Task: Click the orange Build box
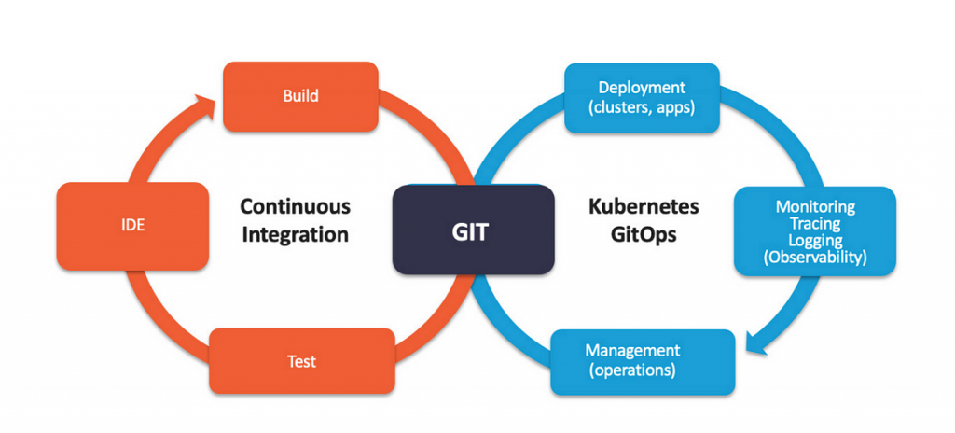click(x=300, y=96)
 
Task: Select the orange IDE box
click(x=131, y=226)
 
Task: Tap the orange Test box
click(x=301, y=360)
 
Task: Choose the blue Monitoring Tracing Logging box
click(x=814, y=231)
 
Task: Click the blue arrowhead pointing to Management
click(x=757, y=344)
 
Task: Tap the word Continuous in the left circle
click(x=295, y=206)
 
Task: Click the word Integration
click(x=295, y=234)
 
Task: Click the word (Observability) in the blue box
click(x=814, y=257)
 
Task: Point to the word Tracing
click(x=814, y=223)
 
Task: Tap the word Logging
click(x=814, y=240)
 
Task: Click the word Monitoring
click(x=814, y=206)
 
